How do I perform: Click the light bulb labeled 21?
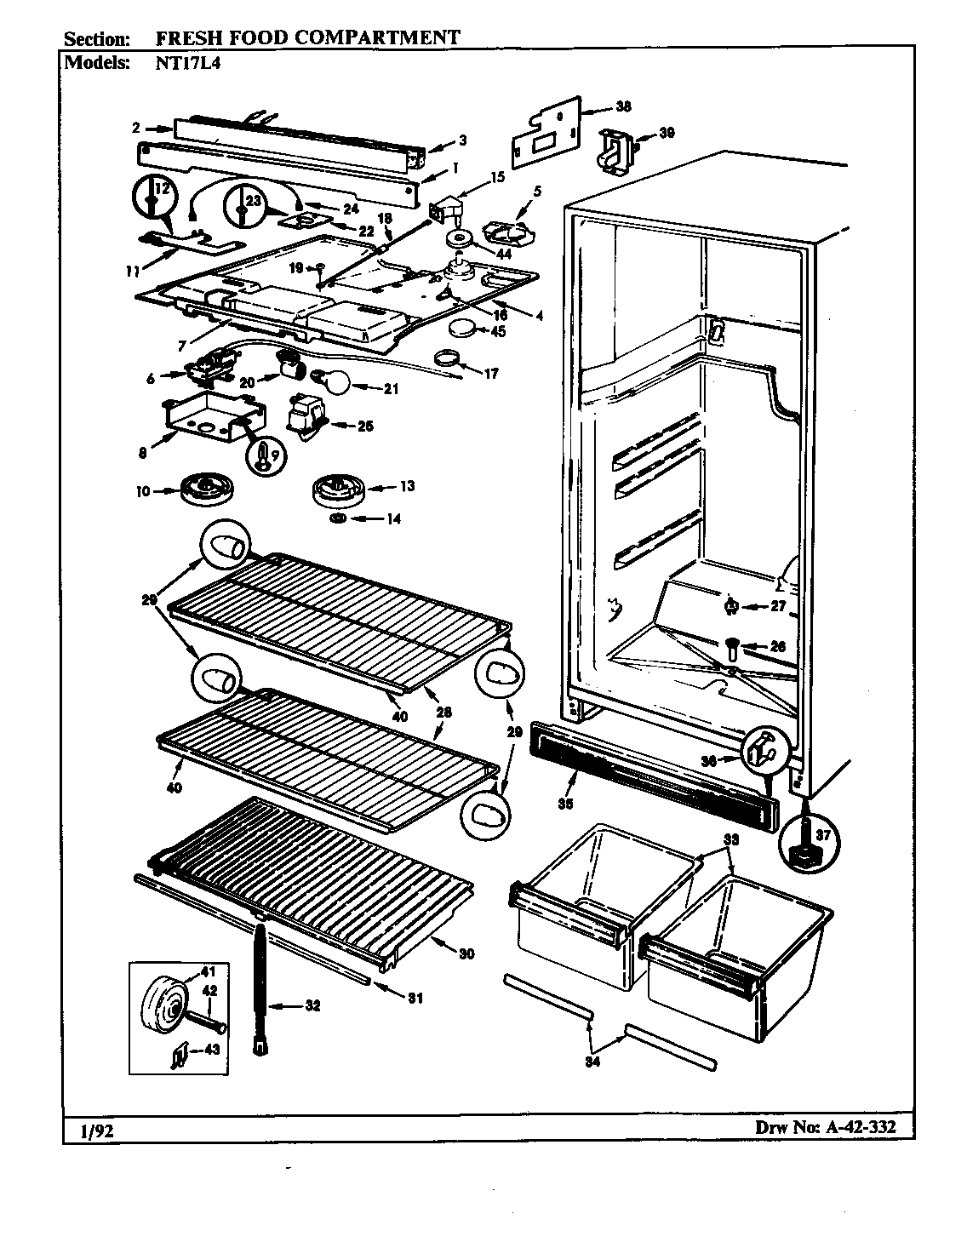(335, 385)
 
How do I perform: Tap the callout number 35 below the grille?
(566, 803)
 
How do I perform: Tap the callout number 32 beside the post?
(313, 1006)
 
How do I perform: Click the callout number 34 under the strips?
(592, 1062)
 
